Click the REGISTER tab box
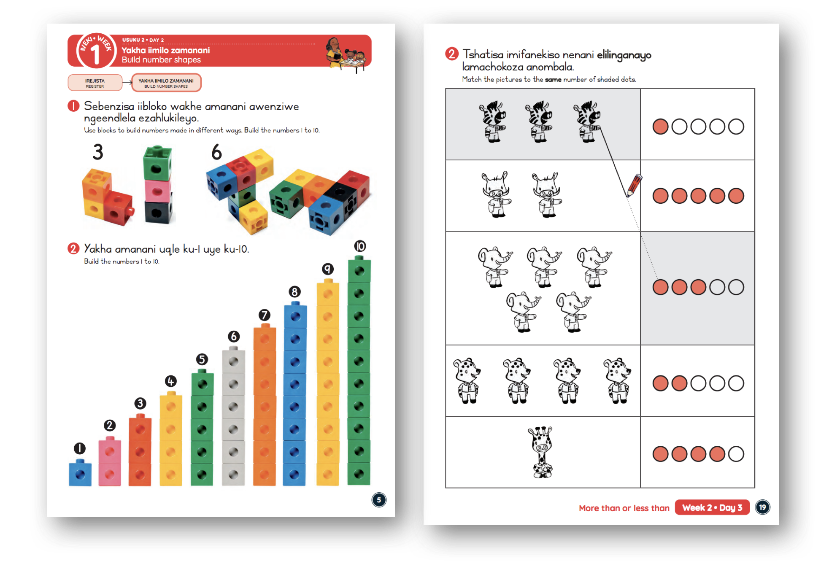click(x=95, y=83)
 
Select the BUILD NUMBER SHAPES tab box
click(x=166, y=83)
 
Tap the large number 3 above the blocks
click(x=98, y=152)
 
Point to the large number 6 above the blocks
click(x=216, y=152)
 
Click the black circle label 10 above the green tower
click(x=360, y=246)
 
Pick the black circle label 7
click(x=264, y=315)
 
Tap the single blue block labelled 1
click(x=80, y=474)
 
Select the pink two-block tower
click(x=110, y=462)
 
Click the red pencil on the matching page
click(x=634, y=186)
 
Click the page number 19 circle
click(x=762, y=507)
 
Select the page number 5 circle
click(x=379, y=500)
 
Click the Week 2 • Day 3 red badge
click(x=712, y=507)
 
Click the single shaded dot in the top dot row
click(x=660, y=127)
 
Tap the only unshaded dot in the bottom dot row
click(x=736, y=454)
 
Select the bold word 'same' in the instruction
click(x=553, y=79)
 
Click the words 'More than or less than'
click(x=624, y=508)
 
